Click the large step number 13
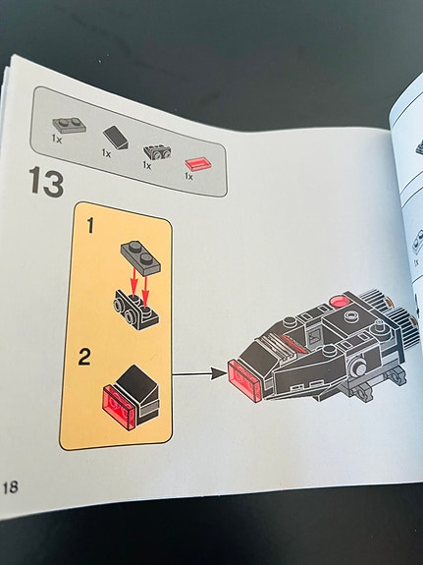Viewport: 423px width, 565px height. (x=47, y=183)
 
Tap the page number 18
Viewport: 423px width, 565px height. (x=11, y=487)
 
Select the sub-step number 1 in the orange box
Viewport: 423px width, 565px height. (x=89, y=228)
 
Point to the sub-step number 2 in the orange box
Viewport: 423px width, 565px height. (x=86, y=353)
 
